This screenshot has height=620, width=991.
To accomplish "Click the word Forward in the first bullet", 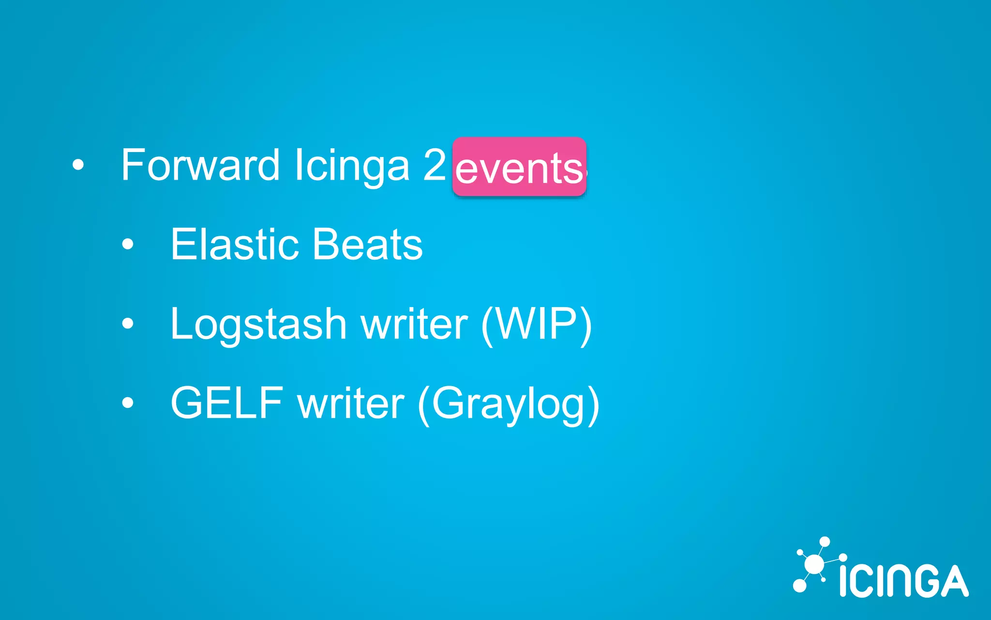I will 200,166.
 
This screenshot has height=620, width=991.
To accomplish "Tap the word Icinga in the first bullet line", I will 352,166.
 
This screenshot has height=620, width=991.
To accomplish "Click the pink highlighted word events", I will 519,168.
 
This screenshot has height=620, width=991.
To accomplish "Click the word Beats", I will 367,244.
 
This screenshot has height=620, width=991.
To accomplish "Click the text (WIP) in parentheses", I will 536,325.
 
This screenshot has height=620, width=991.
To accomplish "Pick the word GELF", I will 226,403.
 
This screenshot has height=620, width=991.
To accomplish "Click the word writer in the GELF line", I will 351,403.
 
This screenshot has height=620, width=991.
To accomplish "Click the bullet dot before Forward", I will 78,165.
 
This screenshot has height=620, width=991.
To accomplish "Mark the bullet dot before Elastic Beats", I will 128,244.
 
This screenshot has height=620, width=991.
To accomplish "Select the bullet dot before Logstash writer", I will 128,323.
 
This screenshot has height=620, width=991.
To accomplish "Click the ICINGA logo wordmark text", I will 903,580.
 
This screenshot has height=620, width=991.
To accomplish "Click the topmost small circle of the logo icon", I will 825,542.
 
